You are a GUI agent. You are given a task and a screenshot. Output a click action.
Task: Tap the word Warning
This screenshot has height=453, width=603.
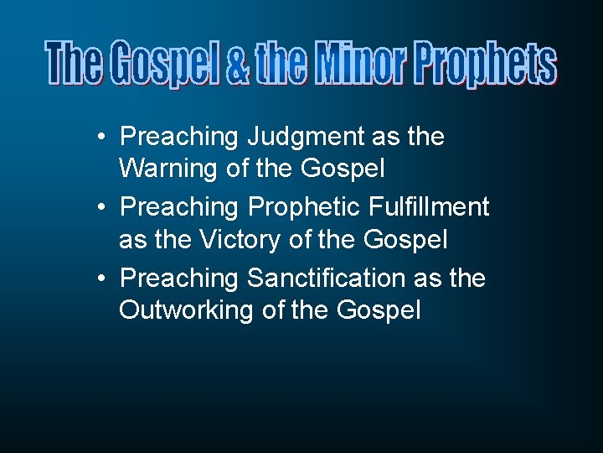click(x=170, y=169)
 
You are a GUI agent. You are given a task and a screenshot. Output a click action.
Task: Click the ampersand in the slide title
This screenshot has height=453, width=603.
click(x=239, y=65)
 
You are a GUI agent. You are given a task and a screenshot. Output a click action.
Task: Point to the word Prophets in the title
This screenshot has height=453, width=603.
click(x=486, y=65)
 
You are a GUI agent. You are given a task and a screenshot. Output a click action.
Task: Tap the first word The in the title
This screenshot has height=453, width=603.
click(x=75, y=65)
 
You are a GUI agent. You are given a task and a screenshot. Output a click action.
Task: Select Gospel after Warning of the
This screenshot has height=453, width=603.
click(x=344, y=169)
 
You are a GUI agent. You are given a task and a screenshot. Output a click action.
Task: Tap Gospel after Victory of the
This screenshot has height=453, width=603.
click(x=406, y=240)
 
